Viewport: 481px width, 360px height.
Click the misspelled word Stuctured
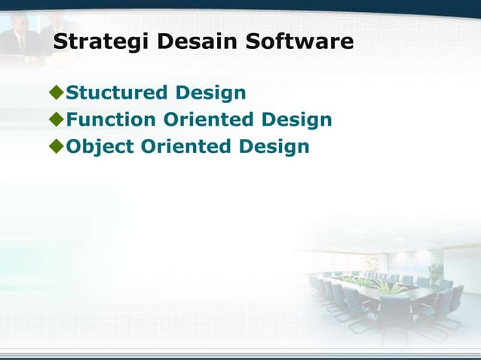point(117,93)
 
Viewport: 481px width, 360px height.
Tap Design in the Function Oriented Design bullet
point(297,121)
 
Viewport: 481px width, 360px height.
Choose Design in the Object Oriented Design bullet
point(274,147)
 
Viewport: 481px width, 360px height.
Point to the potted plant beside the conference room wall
point(435,271)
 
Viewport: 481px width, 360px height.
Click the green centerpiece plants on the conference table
point(384,286)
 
